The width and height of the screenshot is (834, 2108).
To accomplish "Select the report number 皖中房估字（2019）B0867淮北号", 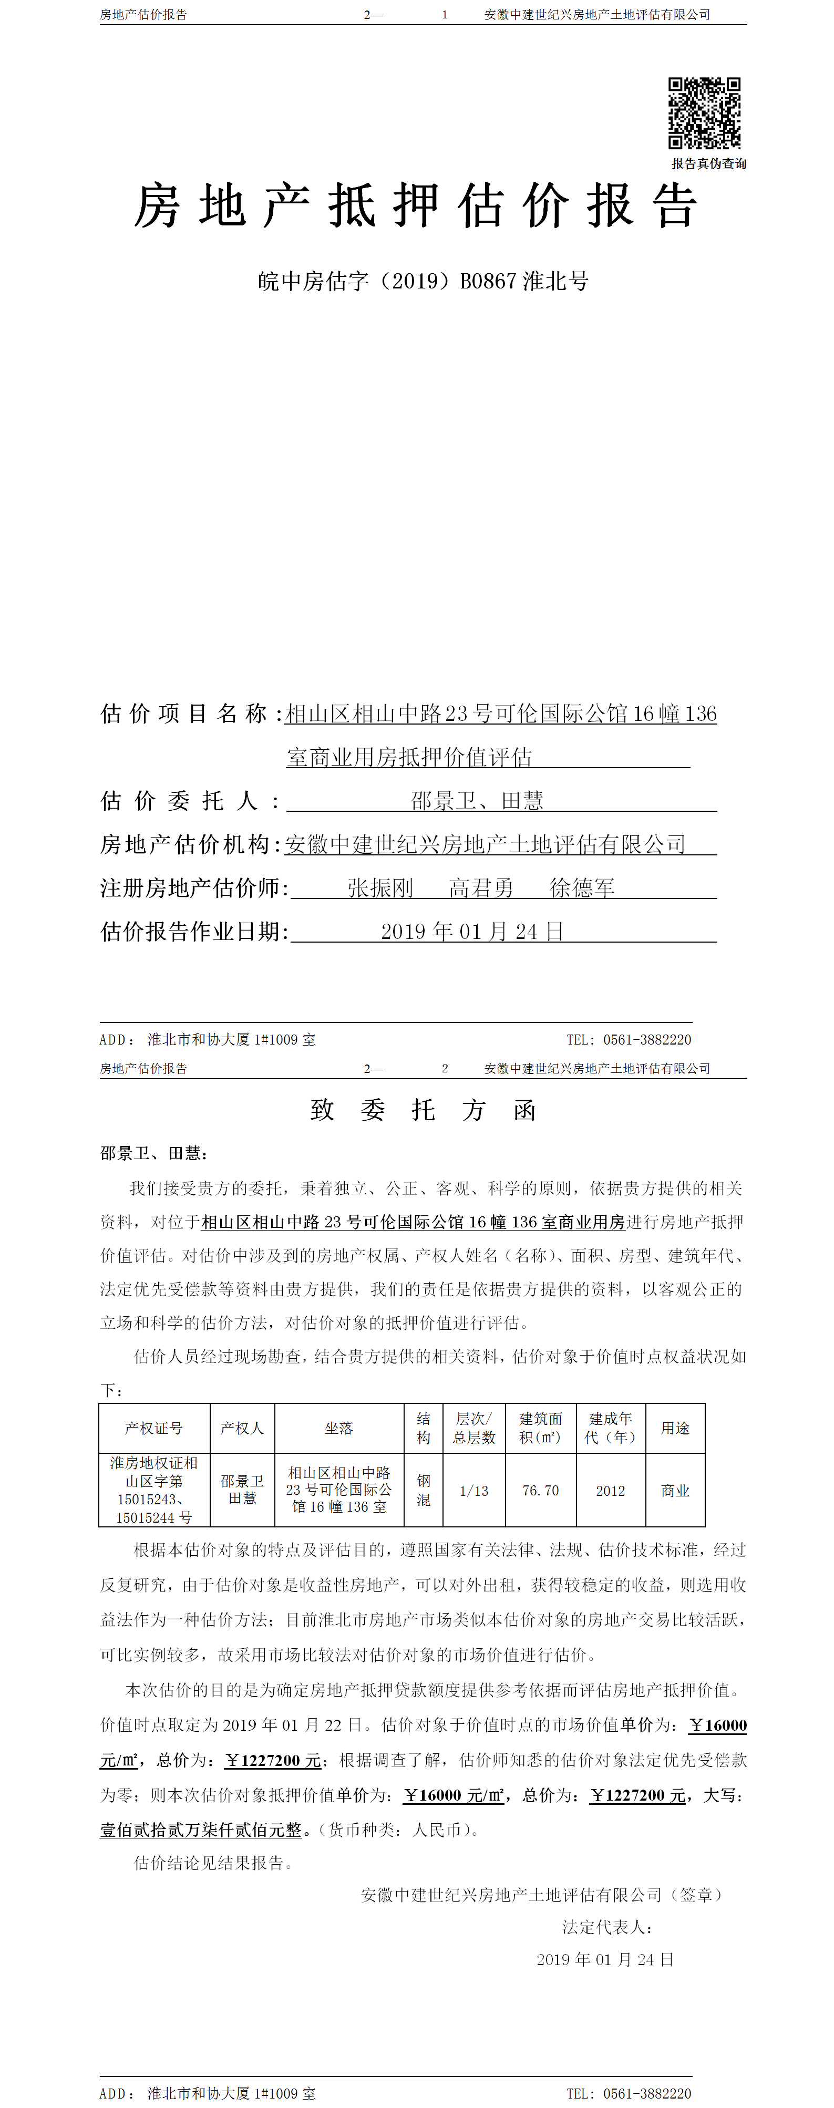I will pos(423,282).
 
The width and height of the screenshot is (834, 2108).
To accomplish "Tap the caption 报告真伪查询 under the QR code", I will pos(709,163).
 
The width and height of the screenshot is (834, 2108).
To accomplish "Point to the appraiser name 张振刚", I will pos(380,888).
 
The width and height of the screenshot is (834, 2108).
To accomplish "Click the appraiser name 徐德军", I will pos(582,888).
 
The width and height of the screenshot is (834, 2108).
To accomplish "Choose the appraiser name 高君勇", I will pos(481,888).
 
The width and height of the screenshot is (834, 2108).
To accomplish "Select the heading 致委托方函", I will pos(423,1110).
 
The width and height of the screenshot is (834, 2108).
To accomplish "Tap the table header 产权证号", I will pos(154,1428).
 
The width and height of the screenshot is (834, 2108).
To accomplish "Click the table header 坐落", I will pos(339,1428).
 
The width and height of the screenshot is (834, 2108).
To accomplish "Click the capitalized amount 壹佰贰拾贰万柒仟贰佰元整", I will pos(201,1830).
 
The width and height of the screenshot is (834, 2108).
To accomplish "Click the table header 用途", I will pos(675,1428).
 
